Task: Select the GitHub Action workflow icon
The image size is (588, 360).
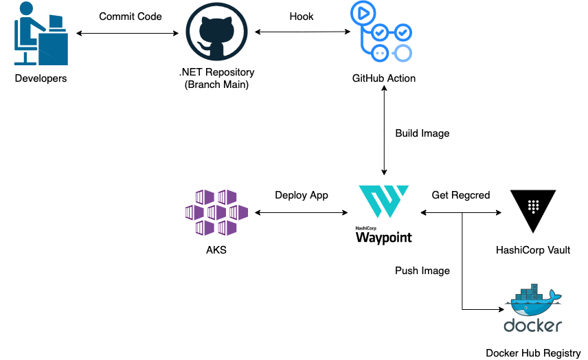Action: pos(383,33)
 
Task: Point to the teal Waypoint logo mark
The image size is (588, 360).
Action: pos(383,202)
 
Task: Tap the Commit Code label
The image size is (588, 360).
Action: pos(131,16)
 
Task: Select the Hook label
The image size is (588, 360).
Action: pos(302,16)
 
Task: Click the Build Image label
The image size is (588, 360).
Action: pos(422,133)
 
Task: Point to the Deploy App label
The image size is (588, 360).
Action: pos(302,195)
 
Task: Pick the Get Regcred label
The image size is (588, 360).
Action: pos(461,195)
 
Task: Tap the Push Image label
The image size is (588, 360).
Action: pos(422,271)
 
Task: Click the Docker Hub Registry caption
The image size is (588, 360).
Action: pos(533,353)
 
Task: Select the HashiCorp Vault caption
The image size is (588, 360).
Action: pos(533,250)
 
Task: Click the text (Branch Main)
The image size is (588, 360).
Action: pos(216,85)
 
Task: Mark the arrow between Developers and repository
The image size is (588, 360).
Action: pos(131,32)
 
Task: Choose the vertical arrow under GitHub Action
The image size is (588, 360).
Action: pos(384,131)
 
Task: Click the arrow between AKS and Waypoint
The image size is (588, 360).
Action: pos(302,213)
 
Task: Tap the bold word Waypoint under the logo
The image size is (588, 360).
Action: pos(383,238)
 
